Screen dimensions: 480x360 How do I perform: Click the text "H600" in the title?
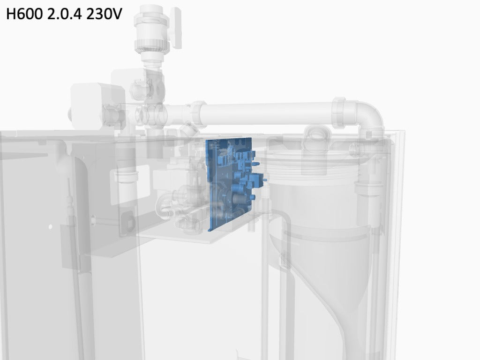coord(24,14)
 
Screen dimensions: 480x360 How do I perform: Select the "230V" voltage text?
coord(104,14)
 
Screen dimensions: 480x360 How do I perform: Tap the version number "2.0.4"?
coord(64,14)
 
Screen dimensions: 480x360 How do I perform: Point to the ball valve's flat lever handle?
coord(176,28)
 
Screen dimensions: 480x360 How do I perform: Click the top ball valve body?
coord(152,30)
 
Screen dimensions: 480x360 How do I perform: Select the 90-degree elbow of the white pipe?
coord(369,115)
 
